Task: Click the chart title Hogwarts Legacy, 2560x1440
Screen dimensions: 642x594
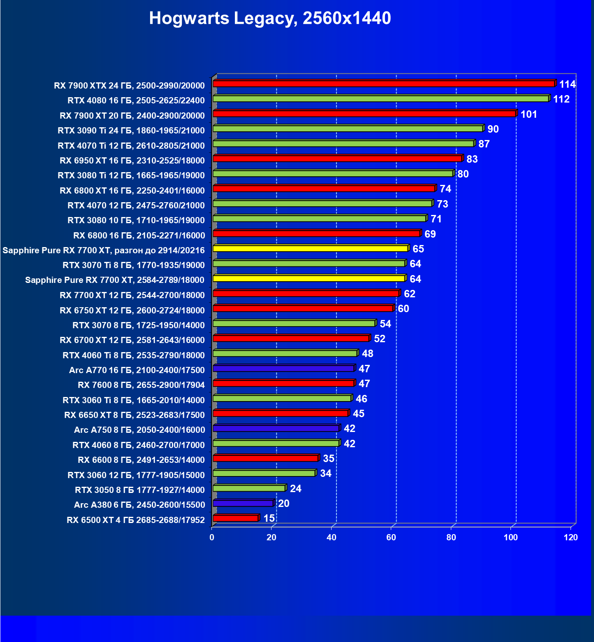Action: pyautogui.click(x=270, y=18)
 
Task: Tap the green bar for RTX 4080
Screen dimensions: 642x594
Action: pyautogui.click(x=381, y=99)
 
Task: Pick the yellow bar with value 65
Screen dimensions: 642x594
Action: pyautogui.click(x=310, y=248)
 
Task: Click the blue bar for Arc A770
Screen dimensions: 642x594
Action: pyautogui.click(x=283, y=368)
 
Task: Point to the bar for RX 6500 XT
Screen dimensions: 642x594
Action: pyautogui.click(x=235, y=518)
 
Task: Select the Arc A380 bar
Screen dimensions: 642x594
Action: pyautogui.click(x=243, y=503)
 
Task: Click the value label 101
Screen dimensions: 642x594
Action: pyautogui.click(x=529, y=114)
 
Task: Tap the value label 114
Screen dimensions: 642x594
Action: pyautogui.click(x=567, y=84)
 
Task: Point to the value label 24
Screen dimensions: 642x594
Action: pyautogui.click(x=295, y=488)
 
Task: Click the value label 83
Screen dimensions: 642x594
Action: pyautogui.click(x=472, y=159)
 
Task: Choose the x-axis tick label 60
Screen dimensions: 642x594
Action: pyautogui.click(x=391, y=537)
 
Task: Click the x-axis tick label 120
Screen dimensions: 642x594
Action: pyautogui.click(x=571, y=537)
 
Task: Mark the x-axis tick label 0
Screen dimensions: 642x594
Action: pyautogui.click(x=212, y=537)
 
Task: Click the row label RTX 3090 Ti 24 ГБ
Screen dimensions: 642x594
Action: pyautogui.click(x=131, y=131)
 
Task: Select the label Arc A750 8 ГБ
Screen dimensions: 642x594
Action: pyautogui.click(x=139, y=430)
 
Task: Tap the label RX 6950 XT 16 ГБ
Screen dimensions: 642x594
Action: pyautogui.click(x=132, y=161)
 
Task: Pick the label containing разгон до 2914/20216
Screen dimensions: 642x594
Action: pyautogui.click(x=103, y=250)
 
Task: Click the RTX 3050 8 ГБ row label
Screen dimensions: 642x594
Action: pyautogui.click(x=139, y=490)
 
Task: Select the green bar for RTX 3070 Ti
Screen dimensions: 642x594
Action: pyautogui.click(x=309, y=263)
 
